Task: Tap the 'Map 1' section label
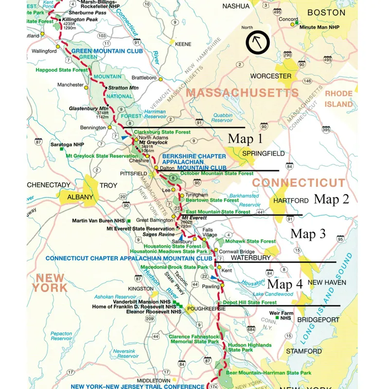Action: (x=245, y=139)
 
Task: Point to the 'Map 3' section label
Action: (x=308, y=234)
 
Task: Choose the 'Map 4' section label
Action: (x=285, y=284)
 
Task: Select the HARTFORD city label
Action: (x=291, y=200)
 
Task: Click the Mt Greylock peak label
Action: (x=153, y=142)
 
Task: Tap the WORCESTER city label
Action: (x=270, y=76)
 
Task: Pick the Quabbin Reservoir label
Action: (x=222, y=117)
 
